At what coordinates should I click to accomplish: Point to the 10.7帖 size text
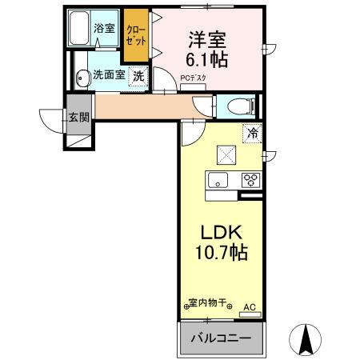point(219,254)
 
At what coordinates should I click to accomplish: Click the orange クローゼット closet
point(136,35)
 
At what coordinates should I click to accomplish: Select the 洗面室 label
point(108,76)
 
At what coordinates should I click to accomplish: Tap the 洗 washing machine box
point(138,77)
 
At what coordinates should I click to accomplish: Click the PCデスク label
point(193,78)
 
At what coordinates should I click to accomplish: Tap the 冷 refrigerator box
point(252,134)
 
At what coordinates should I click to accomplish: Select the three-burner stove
point(250,179)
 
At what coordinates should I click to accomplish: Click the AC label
point(250,305)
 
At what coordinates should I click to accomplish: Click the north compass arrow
point(306,340)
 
